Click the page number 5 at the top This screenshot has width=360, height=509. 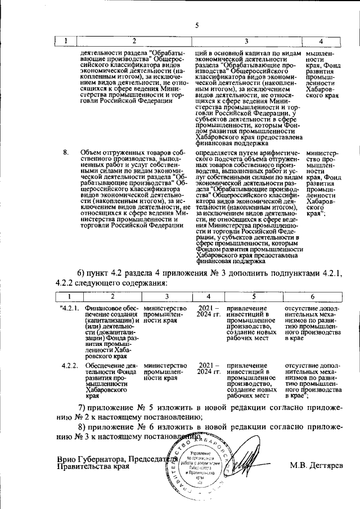point(197,25)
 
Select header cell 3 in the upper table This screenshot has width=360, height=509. point(246,42)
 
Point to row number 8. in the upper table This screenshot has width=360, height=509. point(66,152)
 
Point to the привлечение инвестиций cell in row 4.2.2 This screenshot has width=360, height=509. point(251,381)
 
